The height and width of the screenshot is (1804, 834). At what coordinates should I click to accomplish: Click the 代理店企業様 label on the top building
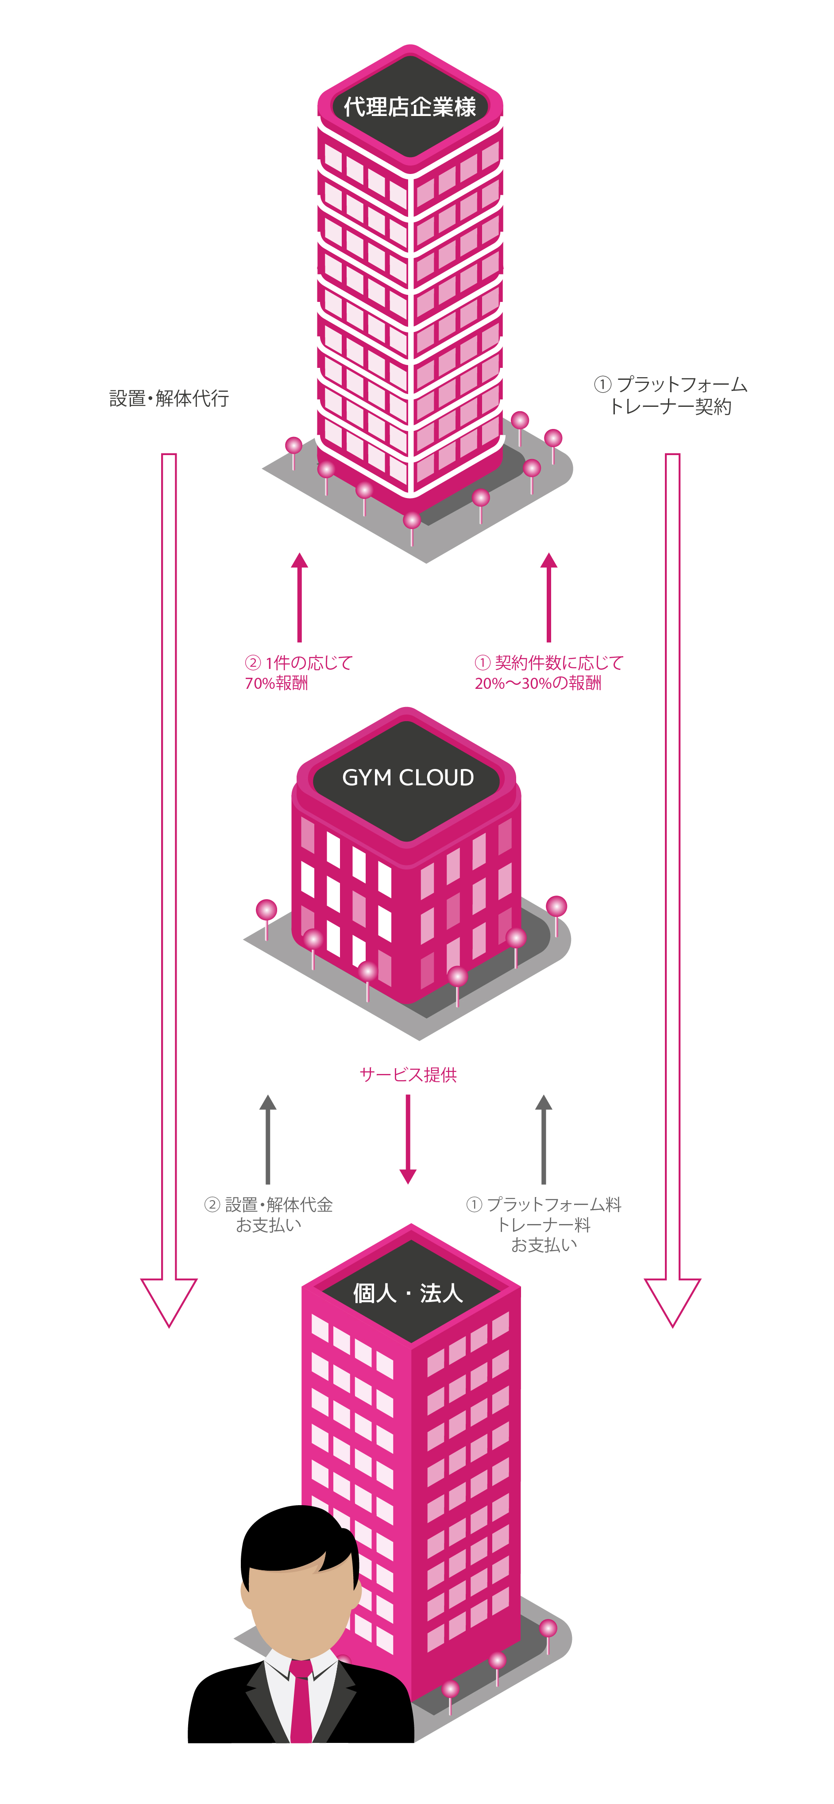(409, 107)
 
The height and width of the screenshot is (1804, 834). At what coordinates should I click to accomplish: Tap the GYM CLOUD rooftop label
(408, 777)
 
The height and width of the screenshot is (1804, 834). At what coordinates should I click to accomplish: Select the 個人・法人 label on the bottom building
(408, 1293)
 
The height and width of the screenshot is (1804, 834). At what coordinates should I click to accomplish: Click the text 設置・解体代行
(169, 398)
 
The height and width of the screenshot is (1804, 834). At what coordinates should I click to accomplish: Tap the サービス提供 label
(408, 1074)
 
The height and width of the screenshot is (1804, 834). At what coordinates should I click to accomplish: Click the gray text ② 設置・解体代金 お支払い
(269, 1214)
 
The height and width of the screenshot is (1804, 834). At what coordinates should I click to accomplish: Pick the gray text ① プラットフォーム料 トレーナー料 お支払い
(544, 1224)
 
